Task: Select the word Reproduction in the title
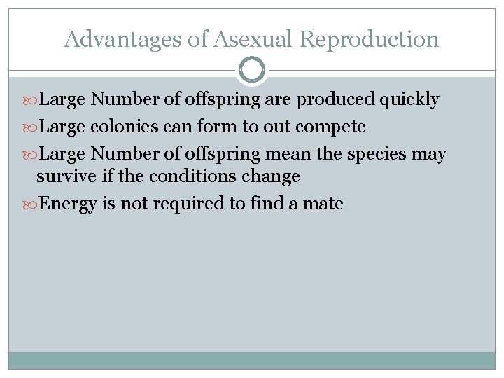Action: (x=369, y=39)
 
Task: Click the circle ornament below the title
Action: (x=252, y=70)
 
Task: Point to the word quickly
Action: (x=409, y=100)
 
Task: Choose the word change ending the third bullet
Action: (x=271, y=176)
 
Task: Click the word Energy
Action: (x=69, y=204)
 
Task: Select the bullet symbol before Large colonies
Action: (x=31, y=127)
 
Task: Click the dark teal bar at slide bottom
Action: (x=252, y=360)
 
